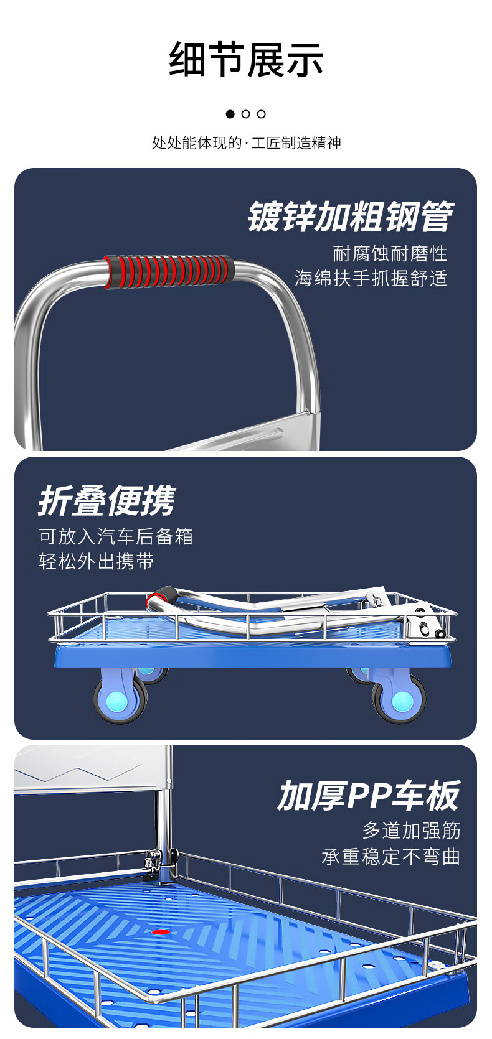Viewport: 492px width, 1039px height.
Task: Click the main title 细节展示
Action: [x=246, y=59]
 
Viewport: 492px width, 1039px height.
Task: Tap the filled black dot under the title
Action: [x=230, y=114]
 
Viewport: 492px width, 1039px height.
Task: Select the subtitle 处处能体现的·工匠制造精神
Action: [x=246, y=143]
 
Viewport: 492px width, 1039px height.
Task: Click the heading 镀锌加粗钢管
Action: [x=351, y=217]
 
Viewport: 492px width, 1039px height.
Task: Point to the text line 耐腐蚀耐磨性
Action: [x=390, y=254]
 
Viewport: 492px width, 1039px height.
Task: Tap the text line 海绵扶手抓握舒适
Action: [x=371, y=278]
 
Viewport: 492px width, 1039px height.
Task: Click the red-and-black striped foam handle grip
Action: [x=169, y=272]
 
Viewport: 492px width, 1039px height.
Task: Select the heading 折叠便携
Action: [x=106, y=501]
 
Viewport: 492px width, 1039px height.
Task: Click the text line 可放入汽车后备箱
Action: [x=116, y=537]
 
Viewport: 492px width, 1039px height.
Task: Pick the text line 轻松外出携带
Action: [x=96, y=562]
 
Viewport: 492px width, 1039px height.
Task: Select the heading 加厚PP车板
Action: [x=369, y=795]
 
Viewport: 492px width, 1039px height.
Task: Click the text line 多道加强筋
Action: [x=411, y=831]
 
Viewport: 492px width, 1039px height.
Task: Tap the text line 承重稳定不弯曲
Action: [x=391, y=856]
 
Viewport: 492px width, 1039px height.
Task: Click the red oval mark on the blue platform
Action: [x=161, y=931]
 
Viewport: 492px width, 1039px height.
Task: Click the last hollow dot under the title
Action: [x=262, y=114]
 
